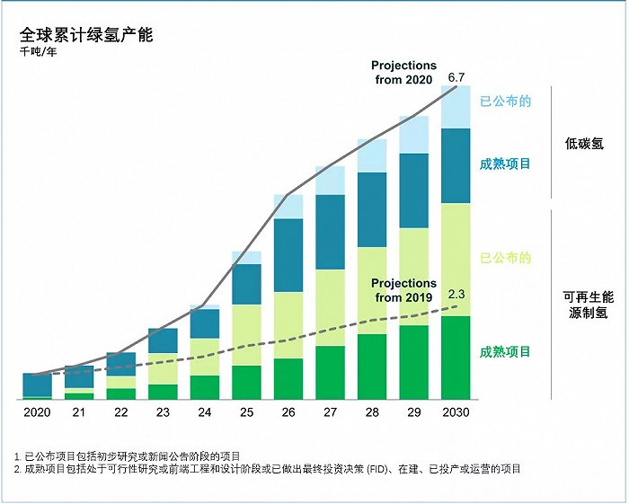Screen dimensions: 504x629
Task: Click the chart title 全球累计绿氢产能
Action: [x=86, y=35]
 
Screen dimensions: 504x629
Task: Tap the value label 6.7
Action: [x=456, y=77]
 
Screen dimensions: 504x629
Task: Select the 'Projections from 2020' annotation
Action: [x=403, y=73]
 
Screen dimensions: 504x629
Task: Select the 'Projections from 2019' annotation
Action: [x=403, y=290]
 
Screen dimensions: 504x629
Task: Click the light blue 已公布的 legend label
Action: [x=505, y=101]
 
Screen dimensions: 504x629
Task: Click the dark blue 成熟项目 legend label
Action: [x=505, y=164]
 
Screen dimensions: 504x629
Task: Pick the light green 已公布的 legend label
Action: [x=505, y=258]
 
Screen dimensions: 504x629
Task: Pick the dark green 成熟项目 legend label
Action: [x=505, y=351]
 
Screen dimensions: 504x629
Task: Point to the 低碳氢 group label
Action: [x=584, y=143]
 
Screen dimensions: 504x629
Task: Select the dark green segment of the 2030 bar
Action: [x=456, y=357]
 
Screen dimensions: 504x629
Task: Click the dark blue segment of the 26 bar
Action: [x=288, y=255]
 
